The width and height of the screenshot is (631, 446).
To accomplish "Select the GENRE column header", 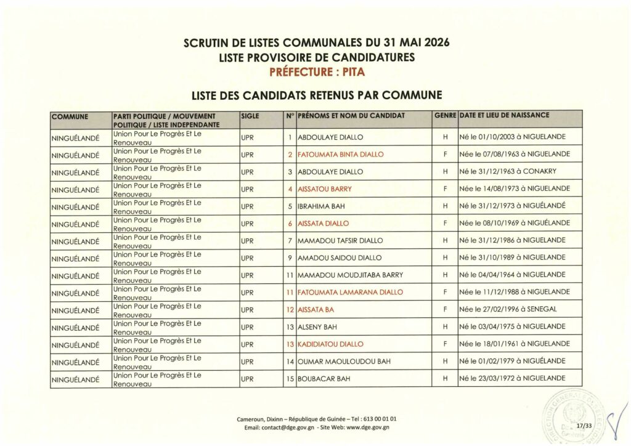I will pos(444,115).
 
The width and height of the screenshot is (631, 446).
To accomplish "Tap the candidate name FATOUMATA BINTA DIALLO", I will pos(340,154).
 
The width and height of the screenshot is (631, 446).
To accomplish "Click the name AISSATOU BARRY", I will pos(324,189).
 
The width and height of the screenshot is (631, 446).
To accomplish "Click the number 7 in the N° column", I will pos(289,240).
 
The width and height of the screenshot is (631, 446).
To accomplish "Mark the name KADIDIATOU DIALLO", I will pos(331,344).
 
